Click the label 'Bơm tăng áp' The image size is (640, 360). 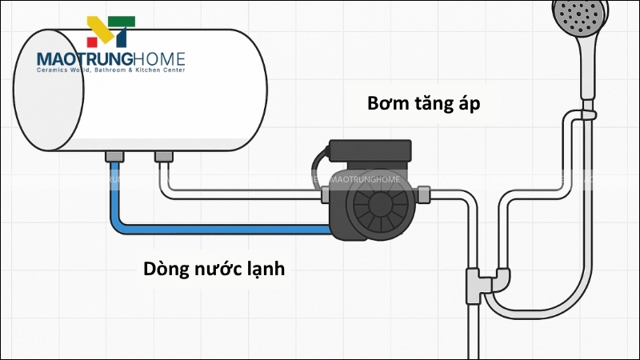pos(424,104)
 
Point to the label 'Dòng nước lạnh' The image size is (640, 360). pos(214,269)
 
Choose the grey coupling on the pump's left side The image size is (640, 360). pos(325,194)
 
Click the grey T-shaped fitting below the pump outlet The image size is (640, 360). pos(474,282)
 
